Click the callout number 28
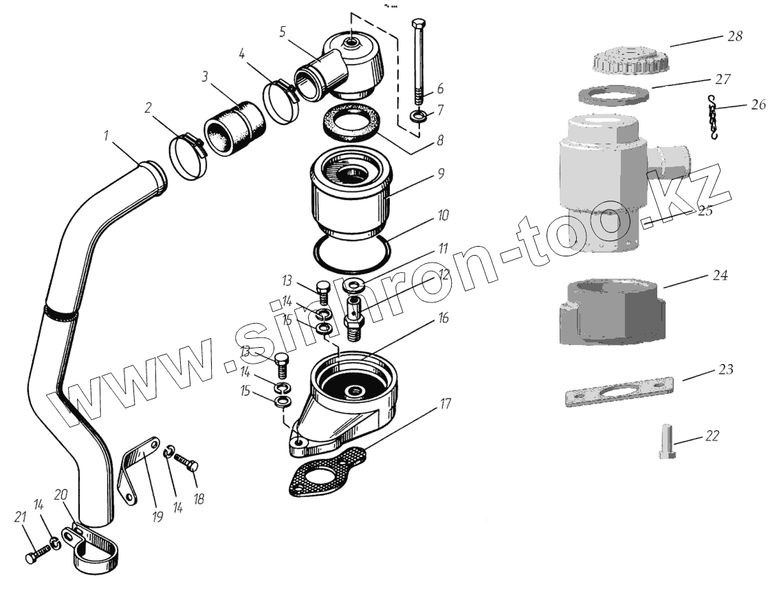point(734,36)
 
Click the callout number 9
point(440,174)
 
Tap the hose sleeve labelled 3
point(234,129)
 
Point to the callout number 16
point(443,317)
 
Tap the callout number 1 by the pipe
point(106,135)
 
